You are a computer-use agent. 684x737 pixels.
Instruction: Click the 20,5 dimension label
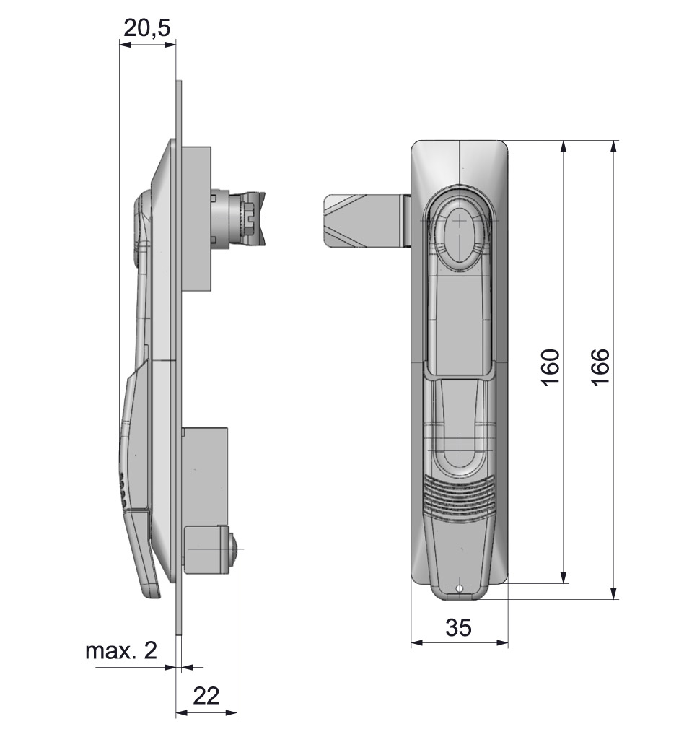point(146,28)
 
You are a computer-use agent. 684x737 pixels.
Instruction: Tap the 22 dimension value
point(206,696)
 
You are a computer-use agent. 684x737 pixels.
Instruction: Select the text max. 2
point(121,651)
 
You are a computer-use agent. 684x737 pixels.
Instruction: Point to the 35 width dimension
point(458,627)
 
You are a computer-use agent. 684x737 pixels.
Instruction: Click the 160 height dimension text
point(551,368)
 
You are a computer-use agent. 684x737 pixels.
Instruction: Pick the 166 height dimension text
point(600,368)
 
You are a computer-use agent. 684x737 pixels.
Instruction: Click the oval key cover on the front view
point(460,237)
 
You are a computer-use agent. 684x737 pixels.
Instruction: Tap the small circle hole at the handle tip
point(459,588)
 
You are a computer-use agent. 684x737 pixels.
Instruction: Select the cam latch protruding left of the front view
point(367,221)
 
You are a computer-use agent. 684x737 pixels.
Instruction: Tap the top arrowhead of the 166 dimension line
point(613,146)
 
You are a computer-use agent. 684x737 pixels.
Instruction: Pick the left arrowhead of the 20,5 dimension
point(126,45)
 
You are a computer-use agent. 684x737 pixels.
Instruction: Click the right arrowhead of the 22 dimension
point(231,713)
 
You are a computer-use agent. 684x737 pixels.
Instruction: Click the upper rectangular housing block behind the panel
point(196,219)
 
